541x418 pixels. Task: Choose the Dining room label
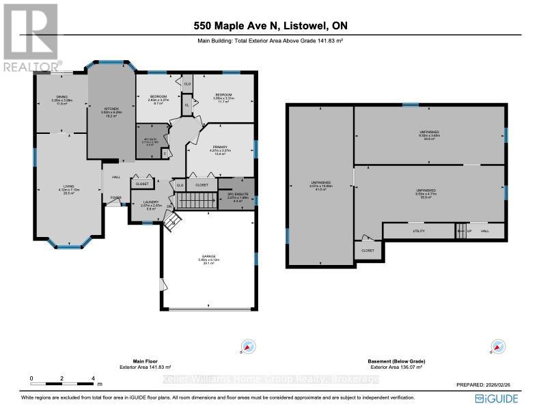(x=61, y=98)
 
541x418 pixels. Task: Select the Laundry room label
(x=145, y=203)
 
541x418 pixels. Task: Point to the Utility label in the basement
(x=419, y=231)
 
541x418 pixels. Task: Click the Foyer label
(x=116, y=199)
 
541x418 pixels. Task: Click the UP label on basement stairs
(x=469, y=231)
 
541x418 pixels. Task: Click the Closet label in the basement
(x=368, y=251)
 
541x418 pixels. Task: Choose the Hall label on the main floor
(x=117, y=176)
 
